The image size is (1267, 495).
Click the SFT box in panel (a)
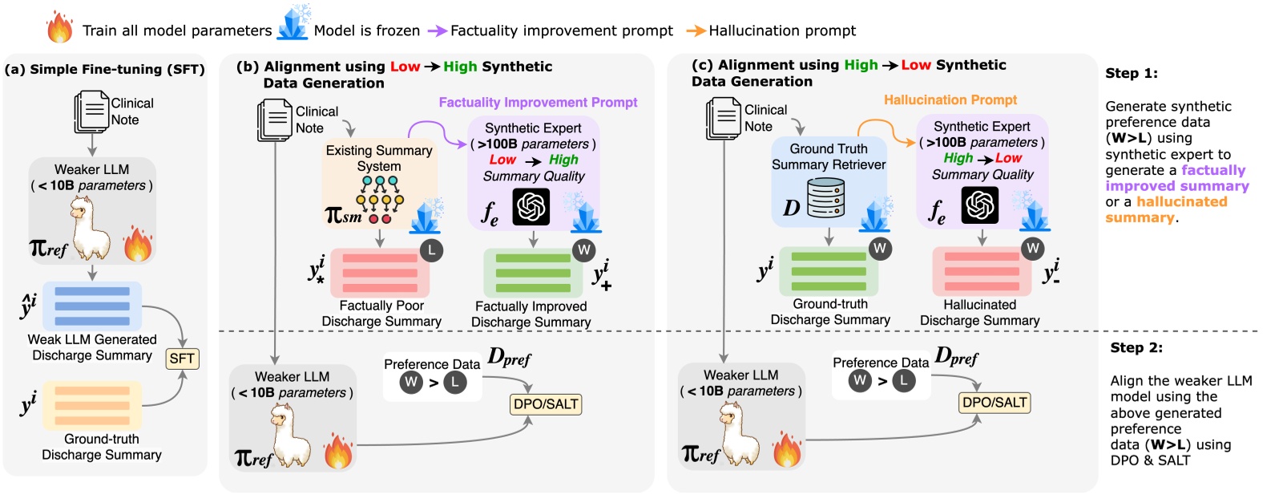(x=182, y=359)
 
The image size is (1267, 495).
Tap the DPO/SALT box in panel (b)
(x=546, y=404)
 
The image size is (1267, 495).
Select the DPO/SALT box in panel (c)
(x=995, y=402)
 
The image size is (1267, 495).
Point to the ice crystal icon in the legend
(x=293, y=24)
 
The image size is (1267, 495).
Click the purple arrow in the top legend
(x=437, y=30)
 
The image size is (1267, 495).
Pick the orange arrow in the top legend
(x=696, y=30)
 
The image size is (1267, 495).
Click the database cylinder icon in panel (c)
(x=826, y=198)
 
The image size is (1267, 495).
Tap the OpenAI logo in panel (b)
(x=531, y=207)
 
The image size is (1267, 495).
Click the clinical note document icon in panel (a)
(x=91, y=112)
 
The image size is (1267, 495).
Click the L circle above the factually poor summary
(x=432, y=250)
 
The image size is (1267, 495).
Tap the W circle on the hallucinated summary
(x=1032, y=248)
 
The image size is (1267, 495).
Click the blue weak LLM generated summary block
(x=92, y=306)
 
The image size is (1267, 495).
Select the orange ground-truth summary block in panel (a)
(x=92, y=405)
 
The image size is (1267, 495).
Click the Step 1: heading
(x=1132, y=73)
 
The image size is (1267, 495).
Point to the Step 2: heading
(x=1136, y=347)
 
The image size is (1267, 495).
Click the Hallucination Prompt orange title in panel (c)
(x=950, y=99)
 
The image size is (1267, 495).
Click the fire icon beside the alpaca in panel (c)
(x=787, y=449)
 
